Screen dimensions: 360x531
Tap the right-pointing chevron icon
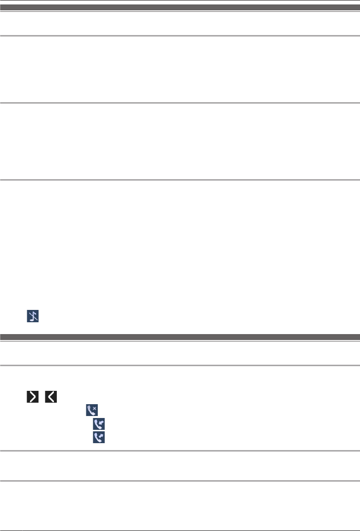click(33, 396)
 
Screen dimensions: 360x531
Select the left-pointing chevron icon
click(51, 396)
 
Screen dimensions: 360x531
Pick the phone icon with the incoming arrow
click(99, 423)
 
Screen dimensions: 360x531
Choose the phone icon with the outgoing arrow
click(99, 437)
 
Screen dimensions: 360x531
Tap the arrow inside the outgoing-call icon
click(101, 436)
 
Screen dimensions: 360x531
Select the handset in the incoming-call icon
click(97, 424)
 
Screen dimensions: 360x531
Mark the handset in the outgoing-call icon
click(97, 438)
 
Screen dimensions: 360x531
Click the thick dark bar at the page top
click(180, 8)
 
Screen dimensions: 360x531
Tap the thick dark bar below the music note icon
click(180, 337)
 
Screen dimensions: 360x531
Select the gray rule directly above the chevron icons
click(180, 366)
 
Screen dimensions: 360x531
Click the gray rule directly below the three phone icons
click(180, 451)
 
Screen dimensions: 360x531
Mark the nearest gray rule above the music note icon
click(180, 180)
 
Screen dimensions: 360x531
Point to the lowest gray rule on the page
click(180, 481)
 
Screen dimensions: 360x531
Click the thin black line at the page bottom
click(180, 517)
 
